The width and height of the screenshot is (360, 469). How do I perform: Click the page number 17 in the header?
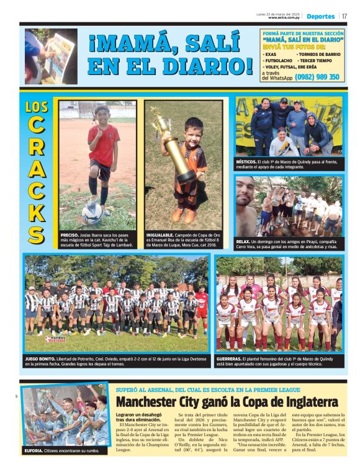(x=344, y=16)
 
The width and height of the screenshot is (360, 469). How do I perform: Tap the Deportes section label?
(x=320, y=16)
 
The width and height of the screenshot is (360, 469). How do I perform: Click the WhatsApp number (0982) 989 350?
(x=317, y=77)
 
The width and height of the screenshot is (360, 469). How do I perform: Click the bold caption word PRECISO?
(x=70, y=236)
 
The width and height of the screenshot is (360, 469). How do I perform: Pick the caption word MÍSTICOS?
(x=246, y=161)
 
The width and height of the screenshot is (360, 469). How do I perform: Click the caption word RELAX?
(x=243, y=241)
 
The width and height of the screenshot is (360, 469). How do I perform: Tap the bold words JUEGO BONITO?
(x=42, y=359)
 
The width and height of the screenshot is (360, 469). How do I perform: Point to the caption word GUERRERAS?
(x=233, y=359)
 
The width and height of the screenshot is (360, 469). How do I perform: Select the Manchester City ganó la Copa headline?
(x=227, y=401)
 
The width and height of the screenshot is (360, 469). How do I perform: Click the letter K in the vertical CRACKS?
(x=37, y=211)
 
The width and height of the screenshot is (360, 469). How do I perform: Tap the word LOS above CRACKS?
(x=37, y=107)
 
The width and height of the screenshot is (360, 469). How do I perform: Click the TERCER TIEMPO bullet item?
(x=319, y=60)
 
